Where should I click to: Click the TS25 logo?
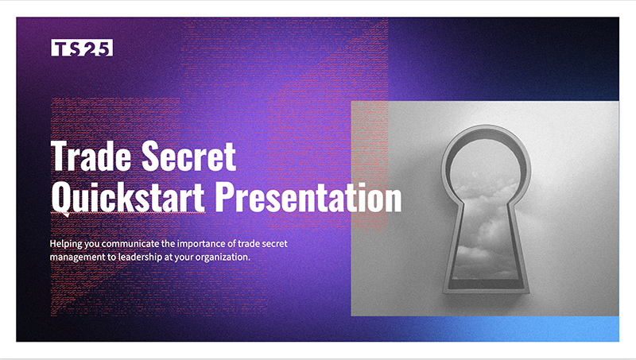(82, 48)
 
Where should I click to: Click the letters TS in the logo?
(66, 48)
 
